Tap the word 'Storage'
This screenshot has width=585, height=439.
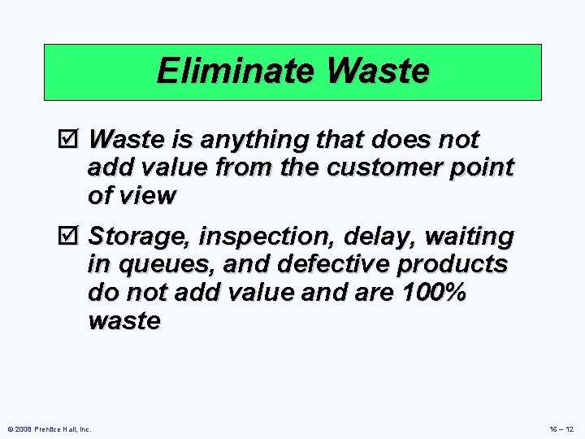click(140, 237)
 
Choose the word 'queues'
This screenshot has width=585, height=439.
click(157, 265)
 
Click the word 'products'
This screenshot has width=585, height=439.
click(454, 265)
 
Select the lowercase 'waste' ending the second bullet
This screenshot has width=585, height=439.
click(123, 321)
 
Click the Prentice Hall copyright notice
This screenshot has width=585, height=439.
click(48, 429)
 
